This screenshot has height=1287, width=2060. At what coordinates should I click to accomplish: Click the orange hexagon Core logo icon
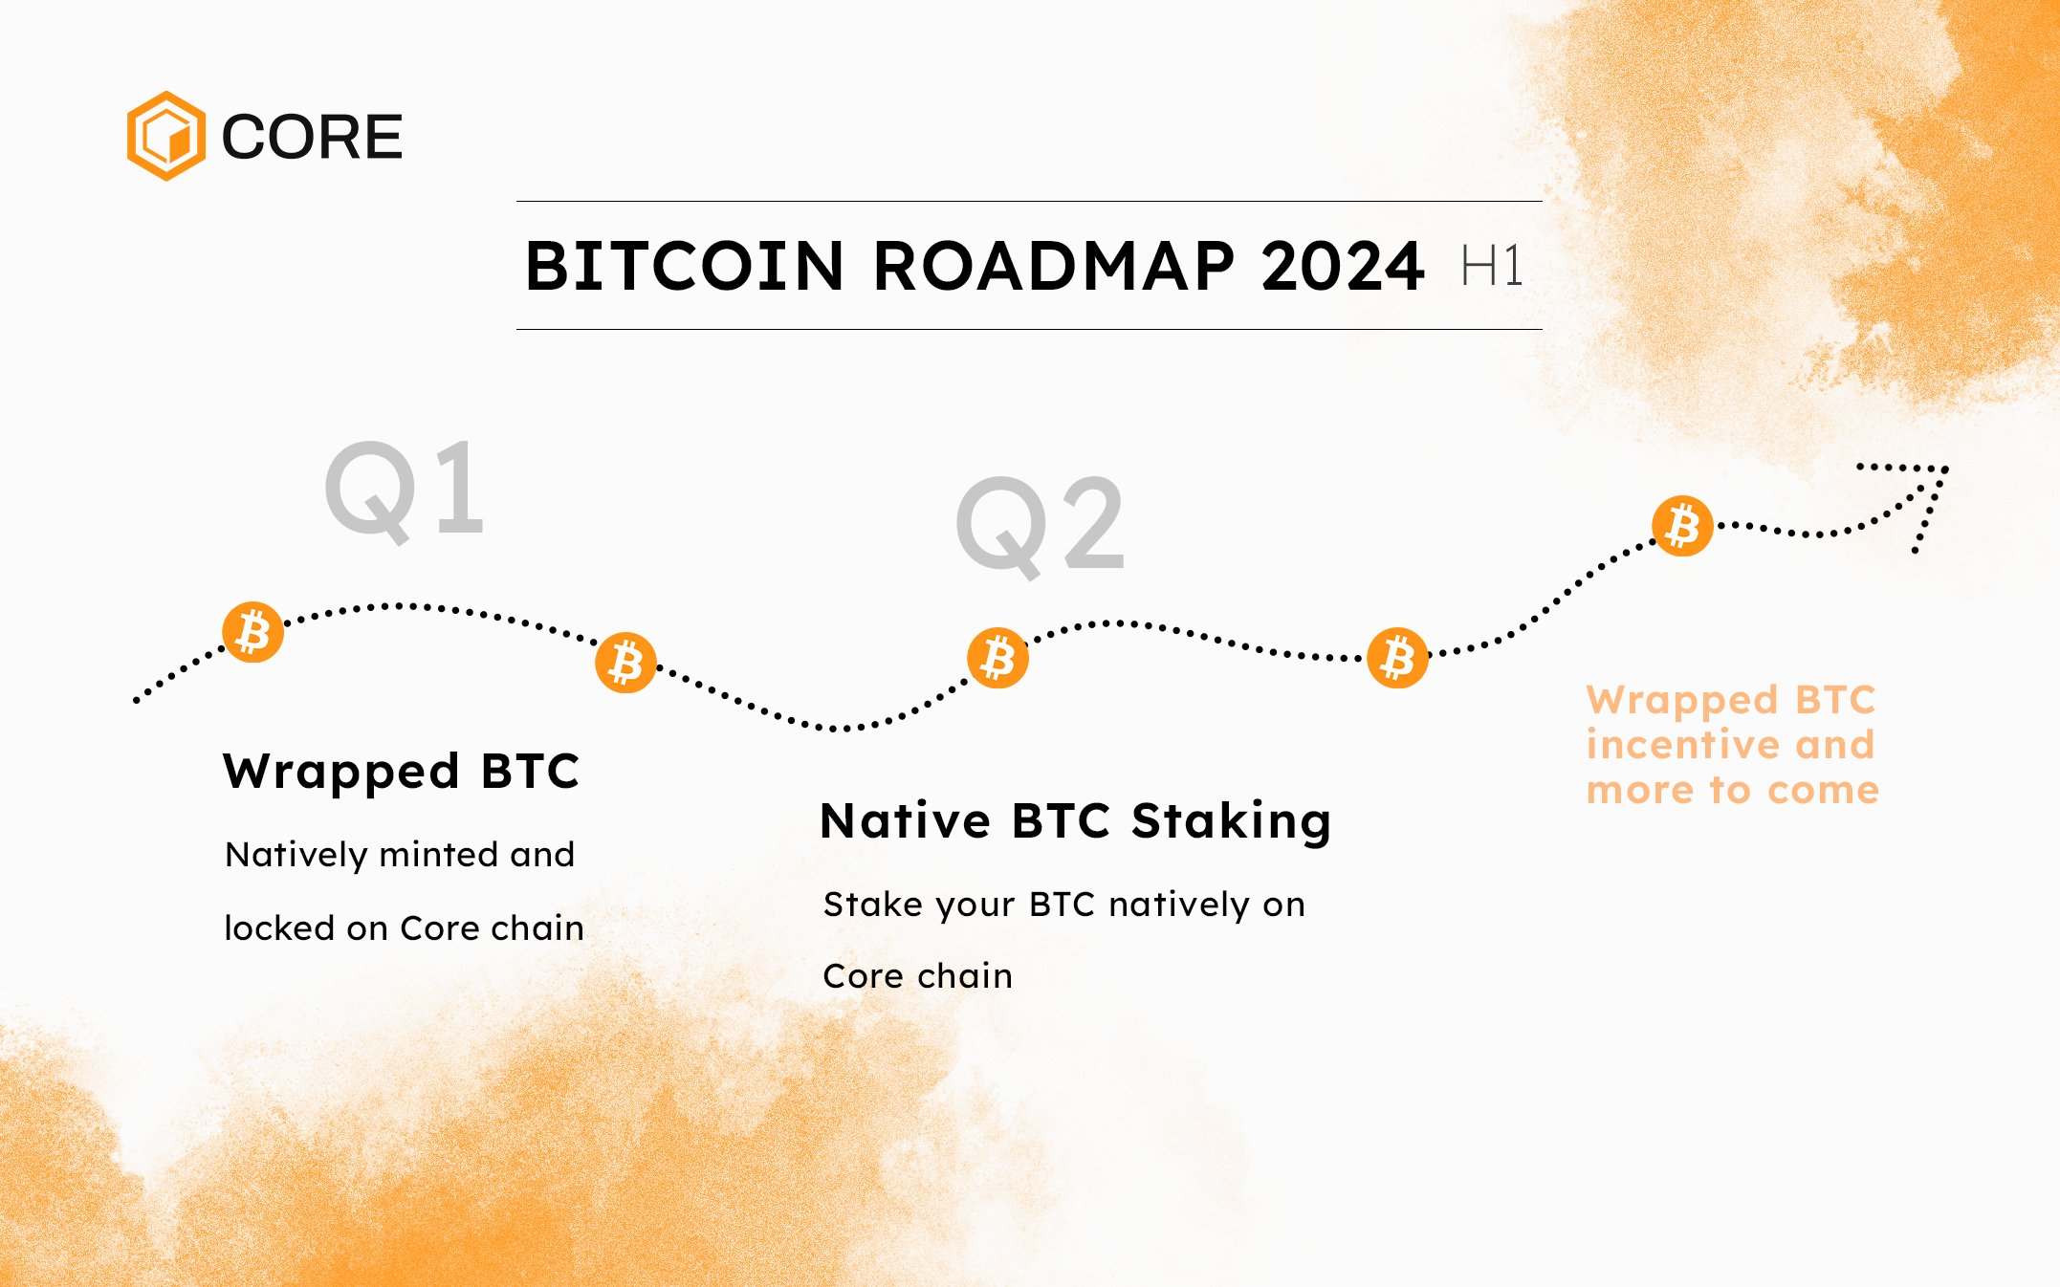166,136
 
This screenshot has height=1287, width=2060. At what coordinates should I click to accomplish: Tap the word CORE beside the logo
312,137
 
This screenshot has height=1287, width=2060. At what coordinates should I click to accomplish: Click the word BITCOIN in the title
685,266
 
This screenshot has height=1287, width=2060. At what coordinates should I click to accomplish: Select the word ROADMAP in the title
1054,266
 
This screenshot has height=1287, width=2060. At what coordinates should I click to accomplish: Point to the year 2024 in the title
1343,266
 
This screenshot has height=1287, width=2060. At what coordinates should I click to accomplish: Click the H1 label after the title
1492,266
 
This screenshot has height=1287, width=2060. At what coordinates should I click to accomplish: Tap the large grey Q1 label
405,491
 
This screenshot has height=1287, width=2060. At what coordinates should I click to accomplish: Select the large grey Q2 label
1041,527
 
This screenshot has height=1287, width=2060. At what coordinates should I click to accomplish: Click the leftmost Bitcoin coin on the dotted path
253,632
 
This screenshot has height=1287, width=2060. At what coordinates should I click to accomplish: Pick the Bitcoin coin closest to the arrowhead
1682,526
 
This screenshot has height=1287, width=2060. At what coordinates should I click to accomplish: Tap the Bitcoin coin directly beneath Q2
997,658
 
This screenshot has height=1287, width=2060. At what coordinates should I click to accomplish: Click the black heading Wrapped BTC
402,772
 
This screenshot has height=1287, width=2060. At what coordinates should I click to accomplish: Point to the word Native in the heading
906,821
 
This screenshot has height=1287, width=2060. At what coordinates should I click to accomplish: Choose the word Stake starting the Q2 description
871,904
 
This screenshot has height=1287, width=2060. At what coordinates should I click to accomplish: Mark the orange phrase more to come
1733,791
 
